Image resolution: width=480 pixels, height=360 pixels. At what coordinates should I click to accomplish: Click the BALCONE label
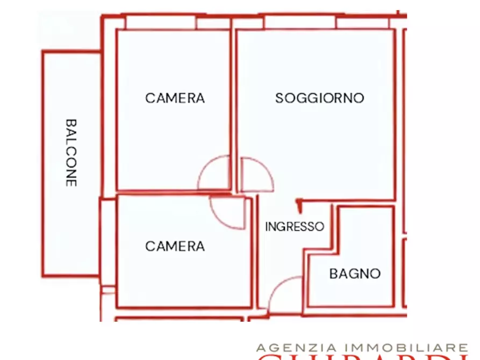coord(71,153)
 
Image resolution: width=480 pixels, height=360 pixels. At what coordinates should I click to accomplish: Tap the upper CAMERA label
coord(175,98)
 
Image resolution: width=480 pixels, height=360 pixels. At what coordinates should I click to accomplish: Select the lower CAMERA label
coord(175,246)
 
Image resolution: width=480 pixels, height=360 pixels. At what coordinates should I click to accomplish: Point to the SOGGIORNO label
coord(319,98)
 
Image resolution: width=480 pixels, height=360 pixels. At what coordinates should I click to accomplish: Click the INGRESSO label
coord(295,227)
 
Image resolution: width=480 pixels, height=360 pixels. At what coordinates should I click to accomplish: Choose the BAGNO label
coord(355,273)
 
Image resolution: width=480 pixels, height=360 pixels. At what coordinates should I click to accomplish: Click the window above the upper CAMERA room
coord(161,23)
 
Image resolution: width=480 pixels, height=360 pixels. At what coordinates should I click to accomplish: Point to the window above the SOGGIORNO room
coord(299,22)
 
